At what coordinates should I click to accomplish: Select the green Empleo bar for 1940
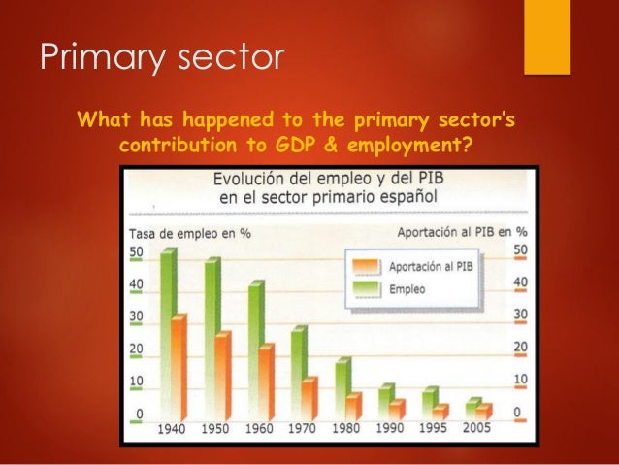(x=168, y=330)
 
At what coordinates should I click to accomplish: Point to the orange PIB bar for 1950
(x=222, y=375)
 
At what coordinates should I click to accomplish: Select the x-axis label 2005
(x=476, y=428)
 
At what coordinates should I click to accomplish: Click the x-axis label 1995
(x=434, y=428)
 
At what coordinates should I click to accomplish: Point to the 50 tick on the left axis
(x=138, y=252)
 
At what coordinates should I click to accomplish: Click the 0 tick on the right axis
(x=517, y=412)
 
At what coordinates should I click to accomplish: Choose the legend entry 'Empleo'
(x=408, y=288)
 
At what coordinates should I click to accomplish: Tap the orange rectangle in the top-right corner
(x=546, y=37)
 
